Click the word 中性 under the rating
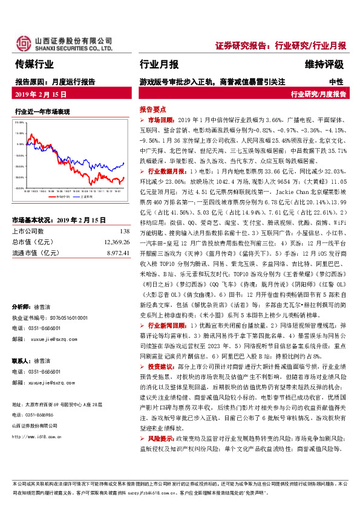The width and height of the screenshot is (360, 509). [x=336, y=80]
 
